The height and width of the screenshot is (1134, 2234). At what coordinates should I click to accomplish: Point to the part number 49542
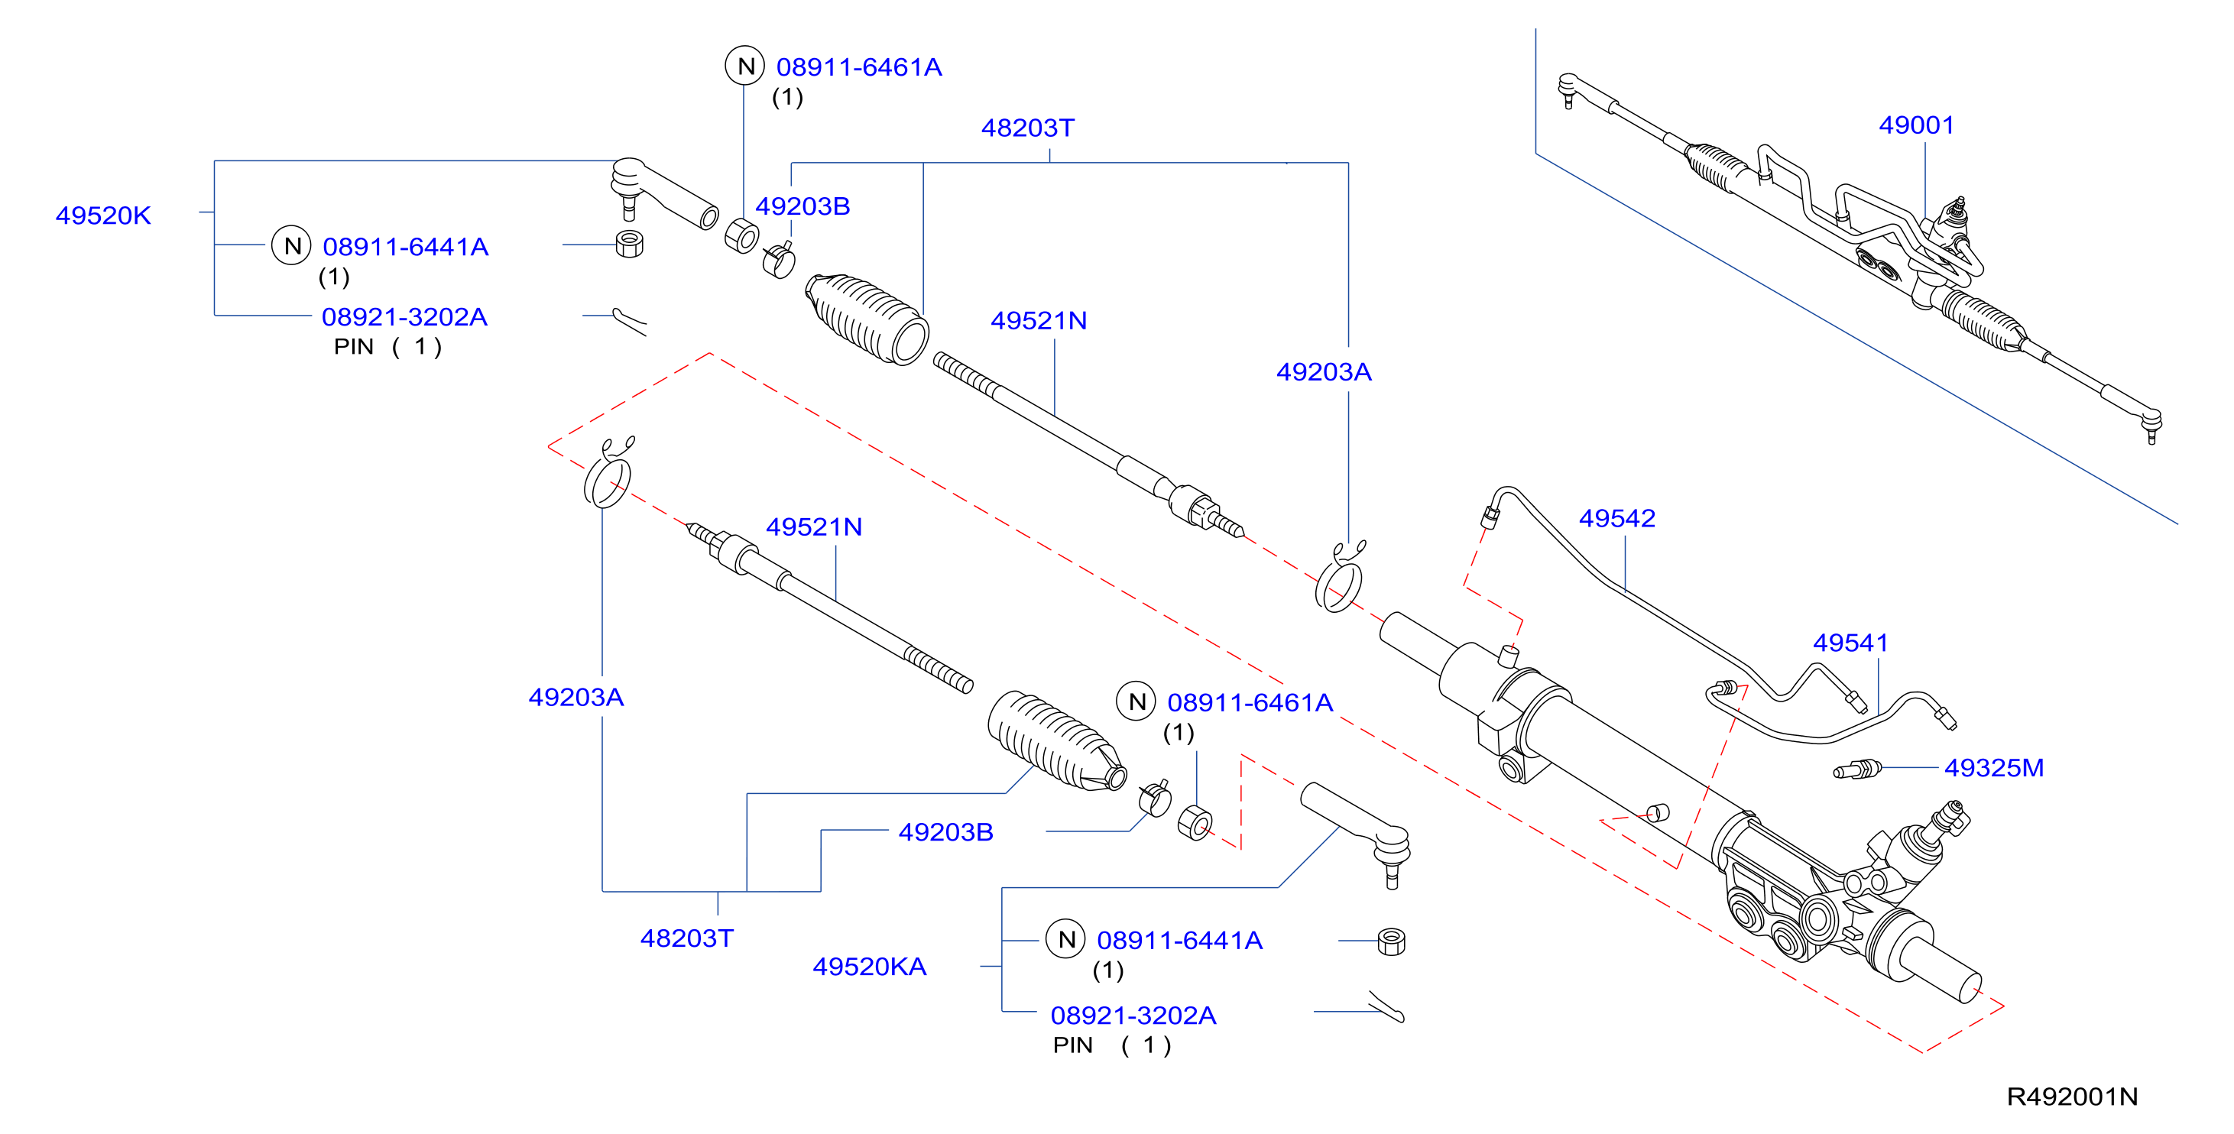(x=1616, y=517)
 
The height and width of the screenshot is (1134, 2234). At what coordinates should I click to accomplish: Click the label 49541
(x=1850, y=643)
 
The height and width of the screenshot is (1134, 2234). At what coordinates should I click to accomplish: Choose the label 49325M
(x=1994, y=767)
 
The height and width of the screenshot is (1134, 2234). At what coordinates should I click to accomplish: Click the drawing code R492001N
(x=2072, y=1097)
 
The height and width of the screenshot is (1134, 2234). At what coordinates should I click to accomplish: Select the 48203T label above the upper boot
(x=1028, y=128)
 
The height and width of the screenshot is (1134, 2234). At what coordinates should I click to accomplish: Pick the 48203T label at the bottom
(x=687, y=938)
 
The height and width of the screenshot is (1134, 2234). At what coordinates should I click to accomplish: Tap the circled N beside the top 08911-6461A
(x=745, y=66)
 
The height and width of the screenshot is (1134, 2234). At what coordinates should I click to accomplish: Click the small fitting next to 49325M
(x=1856, y=769)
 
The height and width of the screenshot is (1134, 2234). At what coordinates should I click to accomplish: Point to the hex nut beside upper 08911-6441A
(x=629, y=244)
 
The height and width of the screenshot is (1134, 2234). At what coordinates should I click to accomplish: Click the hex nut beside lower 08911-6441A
(x=1391, y=941)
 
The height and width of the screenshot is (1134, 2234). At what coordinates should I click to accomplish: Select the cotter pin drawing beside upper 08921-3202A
(x=630, y=321)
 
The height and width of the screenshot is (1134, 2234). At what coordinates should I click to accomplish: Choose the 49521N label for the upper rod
(x=1039, y=321)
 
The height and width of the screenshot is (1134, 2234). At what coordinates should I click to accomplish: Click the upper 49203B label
(x=802, y=206)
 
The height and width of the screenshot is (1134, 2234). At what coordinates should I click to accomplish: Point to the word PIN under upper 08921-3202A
(x=354, y=347)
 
